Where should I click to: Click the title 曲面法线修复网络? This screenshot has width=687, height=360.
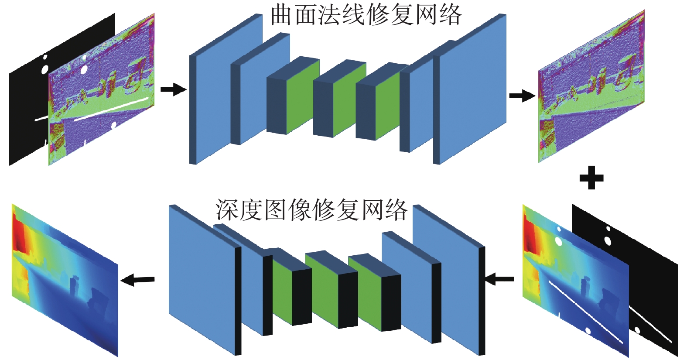[x=366, y=15]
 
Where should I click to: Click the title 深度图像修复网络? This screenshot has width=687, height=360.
[x=311, y=210]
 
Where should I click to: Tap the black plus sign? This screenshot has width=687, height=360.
[x=591, y=178]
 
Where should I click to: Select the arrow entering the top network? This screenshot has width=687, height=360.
[x=173, y=90]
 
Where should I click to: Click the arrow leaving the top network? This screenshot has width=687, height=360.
[x=522, y=96]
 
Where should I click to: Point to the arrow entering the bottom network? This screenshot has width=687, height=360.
[x=499, y=279]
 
